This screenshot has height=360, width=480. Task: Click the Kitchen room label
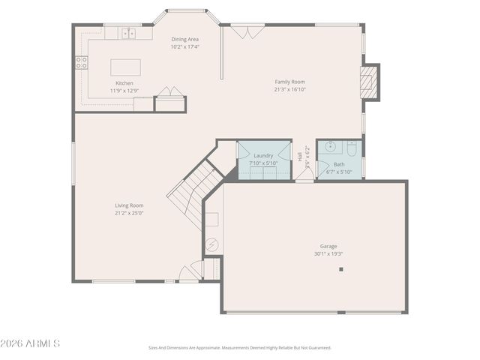pyautogui.click(x=124, y=83)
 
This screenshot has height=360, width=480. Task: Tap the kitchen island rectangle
pyautogui.click(x=126, y=66)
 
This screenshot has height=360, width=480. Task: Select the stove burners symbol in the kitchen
pyautogui.click(x=81, y=63)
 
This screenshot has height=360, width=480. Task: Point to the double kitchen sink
pyautogui.click(x=129, y=33)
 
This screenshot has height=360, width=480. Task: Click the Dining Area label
pyautogui.click(x=184, y=39)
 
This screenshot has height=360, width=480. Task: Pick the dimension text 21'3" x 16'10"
pyautogui.click(x=289, y=89)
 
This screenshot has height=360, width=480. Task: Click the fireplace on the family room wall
pyautogui.click(x=368, y=82)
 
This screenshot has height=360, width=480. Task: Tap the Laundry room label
pyautogui.click(x=263, y=155)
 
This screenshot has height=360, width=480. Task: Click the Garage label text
pyautogui.click(x=328, y=246)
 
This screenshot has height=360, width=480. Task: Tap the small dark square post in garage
pyautogui.click(x=340, y=269)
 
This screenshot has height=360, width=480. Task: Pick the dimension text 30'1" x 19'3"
pyautogui.click(x=328, y=253)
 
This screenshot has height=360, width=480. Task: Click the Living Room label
pyautogui.click(x=129, y=205)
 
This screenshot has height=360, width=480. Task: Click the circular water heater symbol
pyautogui.click(x=212, y=244)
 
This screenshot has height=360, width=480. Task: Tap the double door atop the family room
pyautogui.click(x=247, y=31)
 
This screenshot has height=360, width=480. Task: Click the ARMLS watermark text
pyautogui.click(x=31, y=343)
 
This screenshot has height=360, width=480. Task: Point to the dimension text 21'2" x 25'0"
pyautogui.click(x=129, y=212)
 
